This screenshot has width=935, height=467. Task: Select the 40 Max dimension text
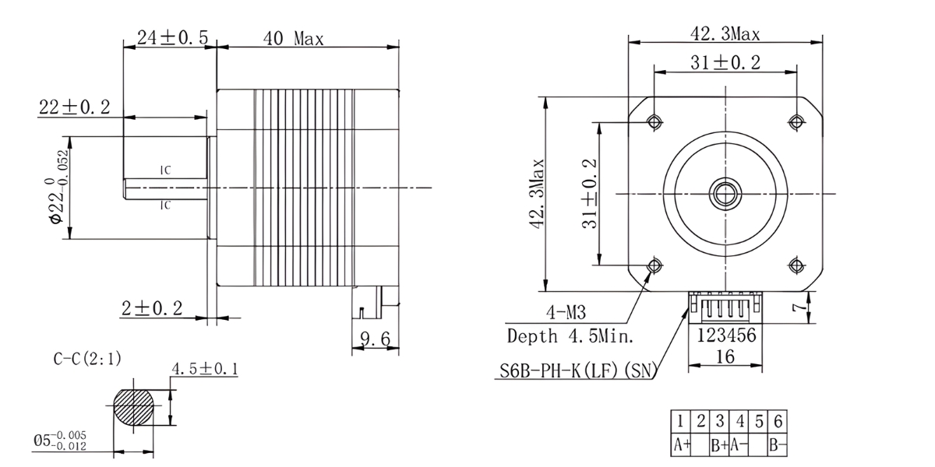(x=294, y=38)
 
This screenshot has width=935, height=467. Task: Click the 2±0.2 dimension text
(x=151, y=308)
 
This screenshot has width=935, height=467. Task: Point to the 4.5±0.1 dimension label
(x=206, y=369)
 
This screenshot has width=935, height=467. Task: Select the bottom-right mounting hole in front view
(x=796, y=266)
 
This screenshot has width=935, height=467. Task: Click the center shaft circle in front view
(x=725, y=191)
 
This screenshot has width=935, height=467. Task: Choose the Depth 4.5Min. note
(x=570, y=336)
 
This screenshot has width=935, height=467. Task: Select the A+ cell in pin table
(x=683, y=445)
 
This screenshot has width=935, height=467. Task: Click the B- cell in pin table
(x=777, y=445)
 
